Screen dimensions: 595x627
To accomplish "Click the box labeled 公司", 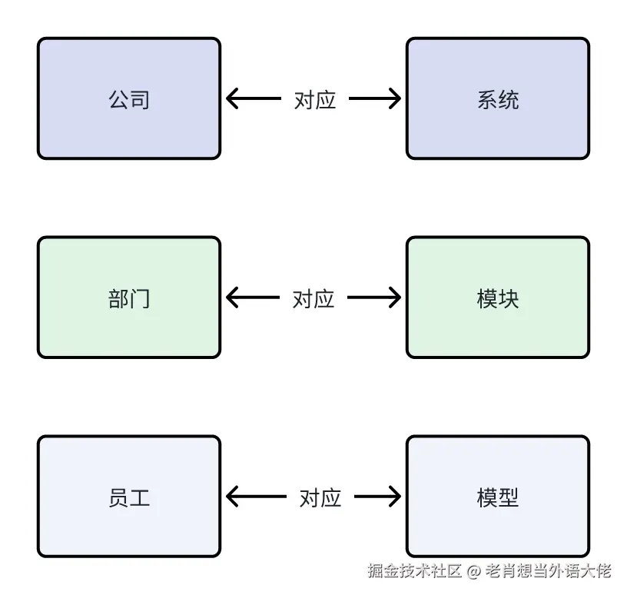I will point(129,98).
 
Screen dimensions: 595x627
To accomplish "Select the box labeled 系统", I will point(498,98).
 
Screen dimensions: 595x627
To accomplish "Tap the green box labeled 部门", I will point(129,297).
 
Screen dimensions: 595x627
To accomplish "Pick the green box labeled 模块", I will point(498,297).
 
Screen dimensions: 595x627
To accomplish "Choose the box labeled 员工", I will point(129,497).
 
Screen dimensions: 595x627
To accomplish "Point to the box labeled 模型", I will point(498,497).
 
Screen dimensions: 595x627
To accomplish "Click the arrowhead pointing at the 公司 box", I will point(232,98).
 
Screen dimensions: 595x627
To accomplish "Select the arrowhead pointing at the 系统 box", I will point(395,98).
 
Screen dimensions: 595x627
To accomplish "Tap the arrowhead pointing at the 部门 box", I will point(232,297).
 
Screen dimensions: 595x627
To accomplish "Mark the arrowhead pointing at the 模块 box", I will point(395,297).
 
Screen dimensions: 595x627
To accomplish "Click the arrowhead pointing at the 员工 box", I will point(232,497).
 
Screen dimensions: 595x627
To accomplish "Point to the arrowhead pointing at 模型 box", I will point(395,497).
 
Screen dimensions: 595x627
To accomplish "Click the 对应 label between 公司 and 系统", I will point(315,99).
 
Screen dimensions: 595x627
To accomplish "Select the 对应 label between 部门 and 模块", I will point(313,298).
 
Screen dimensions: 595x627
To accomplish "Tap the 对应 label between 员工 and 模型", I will point(320,497).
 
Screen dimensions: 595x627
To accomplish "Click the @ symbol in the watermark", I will point(474,571).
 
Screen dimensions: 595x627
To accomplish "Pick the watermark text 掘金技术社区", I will point(415,571).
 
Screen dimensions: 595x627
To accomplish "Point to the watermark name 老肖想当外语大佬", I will point(549,571).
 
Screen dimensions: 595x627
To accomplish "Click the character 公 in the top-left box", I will point(119,99).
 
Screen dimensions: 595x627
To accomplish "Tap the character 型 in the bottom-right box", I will point(509,497).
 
